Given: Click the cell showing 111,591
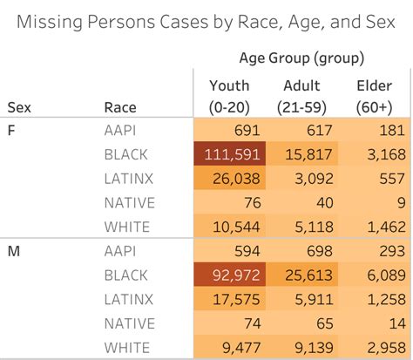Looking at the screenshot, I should pos(230,154).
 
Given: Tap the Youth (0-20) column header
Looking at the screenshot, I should pos(230,96).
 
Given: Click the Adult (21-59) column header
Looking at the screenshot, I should pos(301,96).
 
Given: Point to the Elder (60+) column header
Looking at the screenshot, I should pos(374,96).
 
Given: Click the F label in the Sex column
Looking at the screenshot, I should pos(12,130).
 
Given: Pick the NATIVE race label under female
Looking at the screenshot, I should pos(129,203).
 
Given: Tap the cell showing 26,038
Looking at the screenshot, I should pos(230,179).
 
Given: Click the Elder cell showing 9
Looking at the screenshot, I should pos(374,203).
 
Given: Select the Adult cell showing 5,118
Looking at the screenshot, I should pos(301,228).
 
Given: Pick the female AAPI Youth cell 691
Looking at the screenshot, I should pos(230,130).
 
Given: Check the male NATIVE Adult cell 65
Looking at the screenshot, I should pos(301,324).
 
